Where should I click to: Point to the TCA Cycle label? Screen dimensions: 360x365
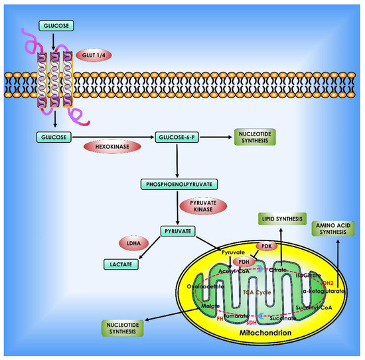256,292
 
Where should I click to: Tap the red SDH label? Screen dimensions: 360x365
251,321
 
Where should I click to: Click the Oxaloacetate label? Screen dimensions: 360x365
206,287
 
